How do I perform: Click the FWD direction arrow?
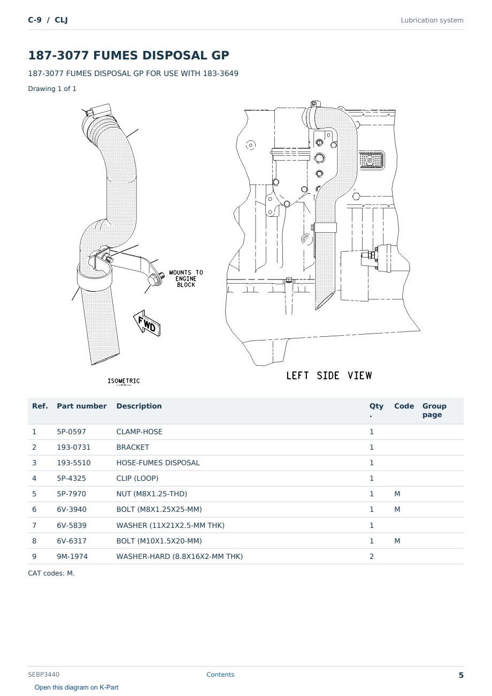pyautogui.click(x=147, y=323)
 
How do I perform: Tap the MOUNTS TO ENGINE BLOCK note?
pyautogui.click(x=186, y=278)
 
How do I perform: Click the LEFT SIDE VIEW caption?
pyautogui.click(x=329, y=375)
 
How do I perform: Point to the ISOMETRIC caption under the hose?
pyautogui.click(x=124, y=381)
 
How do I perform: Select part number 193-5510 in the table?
pyautogui.click(x=74, y=463)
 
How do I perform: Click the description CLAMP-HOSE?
pyautogui.click(x=140, y=432)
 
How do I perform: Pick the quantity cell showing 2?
pyautogui.click(x=372, y=556)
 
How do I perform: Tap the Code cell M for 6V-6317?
pyautogui.click(x=397, y=541)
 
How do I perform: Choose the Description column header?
pyautogui.click(x=139, y=406)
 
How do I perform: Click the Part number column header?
pyautogui.click(x=82, y=406)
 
